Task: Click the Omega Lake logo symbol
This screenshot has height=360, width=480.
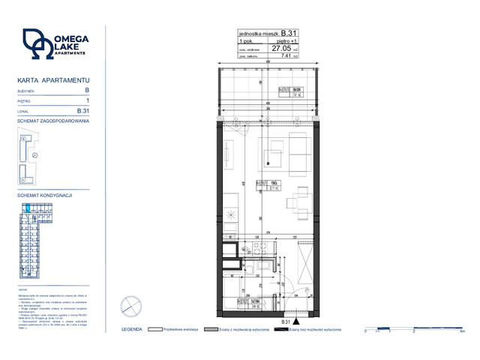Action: point(36,44)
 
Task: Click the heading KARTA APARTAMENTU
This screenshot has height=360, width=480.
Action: point(53,79)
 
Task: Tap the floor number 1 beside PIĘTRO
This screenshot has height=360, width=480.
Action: point(88,100)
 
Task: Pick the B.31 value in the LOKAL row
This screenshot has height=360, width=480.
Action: point(83,110)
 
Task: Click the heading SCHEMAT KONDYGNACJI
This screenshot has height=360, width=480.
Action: point(44,195)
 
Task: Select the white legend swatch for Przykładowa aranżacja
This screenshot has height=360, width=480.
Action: point(156,329)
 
